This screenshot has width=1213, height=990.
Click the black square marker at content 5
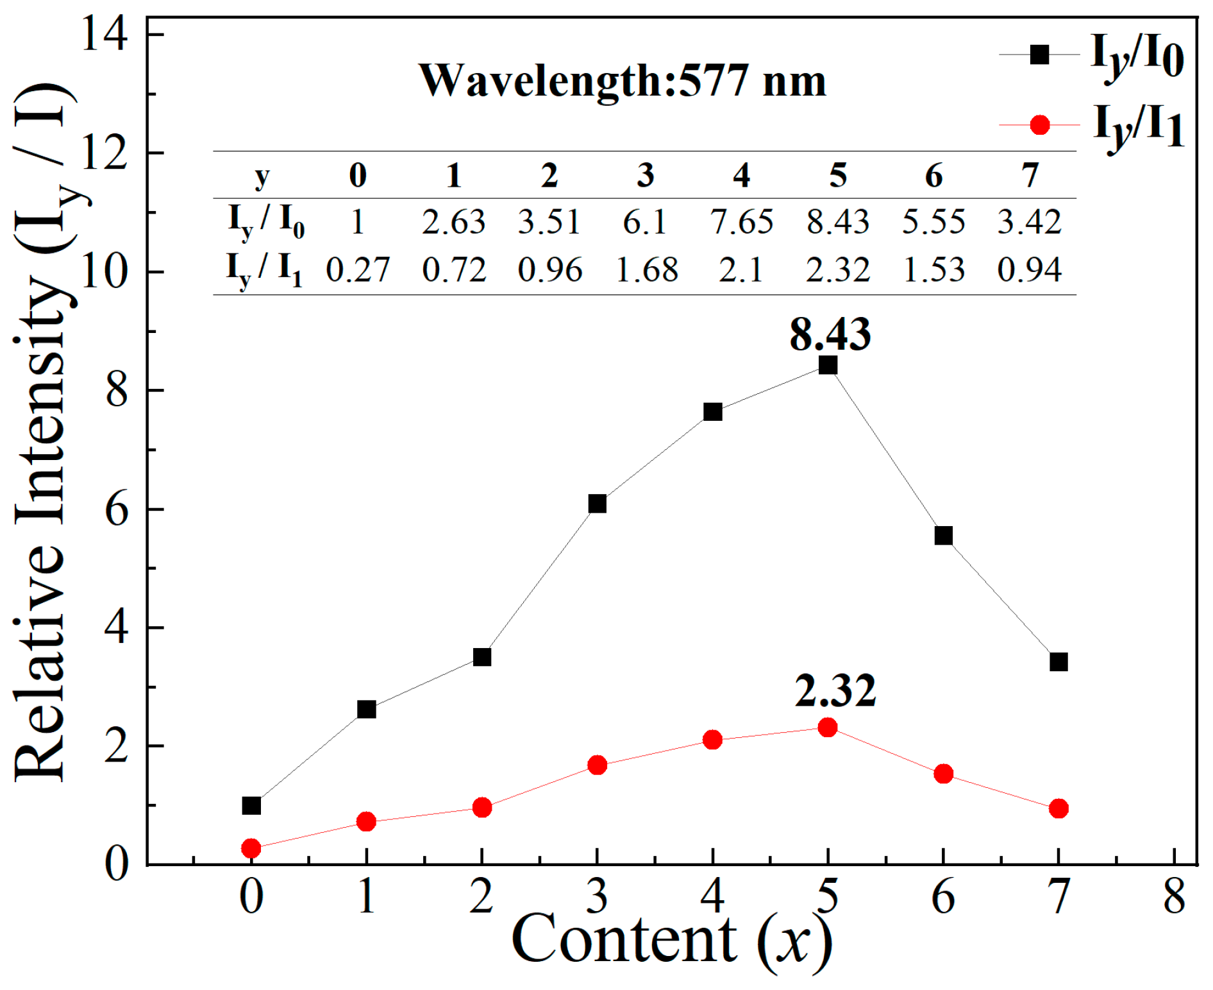pos(827,365)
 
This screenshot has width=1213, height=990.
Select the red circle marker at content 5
pos(827,727)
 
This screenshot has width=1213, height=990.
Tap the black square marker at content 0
pos(251,805)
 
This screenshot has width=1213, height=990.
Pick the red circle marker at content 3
pos(597,765)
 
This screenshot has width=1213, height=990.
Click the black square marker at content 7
pos(1058,661)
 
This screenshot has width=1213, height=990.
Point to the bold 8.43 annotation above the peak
pos(830,334)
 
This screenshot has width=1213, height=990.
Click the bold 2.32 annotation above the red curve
pos(835,691)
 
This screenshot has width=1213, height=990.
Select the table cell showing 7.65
pos(741,222)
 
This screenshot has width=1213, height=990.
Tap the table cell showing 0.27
pos(358,269)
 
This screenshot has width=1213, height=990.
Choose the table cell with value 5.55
pos(933,222)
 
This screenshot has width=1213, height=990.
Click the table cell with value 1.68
pos(646,269)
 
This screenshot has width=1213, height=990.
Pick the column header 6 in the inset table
pos(933,175)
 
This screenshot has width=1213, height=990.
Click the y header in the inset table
pos(262,176)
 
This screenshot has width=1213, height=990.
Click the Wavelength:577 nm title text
pos(622,81)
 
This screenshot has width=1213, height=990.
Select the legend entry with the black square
pos(1090,56)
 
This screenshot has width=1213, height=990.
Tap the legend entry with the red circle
pos(1090,125)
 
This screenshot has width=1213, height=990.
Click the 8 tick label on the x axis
pos(1174,896)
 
